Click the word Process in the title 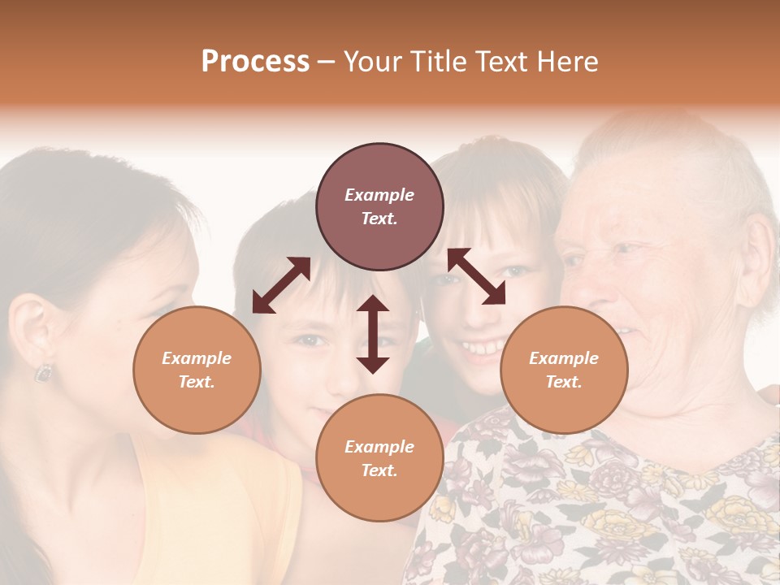coord(255,61)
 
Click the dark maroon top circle coord(379,207)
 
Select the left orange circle coord(197,370)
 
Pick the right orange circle coord(564,370)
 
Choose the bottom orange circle coord(379,458)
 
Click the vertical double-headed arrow coord(373,334)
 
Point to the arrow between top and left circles coord(281,285)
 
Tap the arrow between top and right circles coord(476,276)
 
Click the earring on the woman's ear coord(42,373)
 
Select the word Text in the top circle coord(379,219)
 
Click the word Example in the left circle coord(197,358)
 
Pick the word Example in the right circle coord(564,358)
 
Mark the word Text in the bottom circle coord(379,470)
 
